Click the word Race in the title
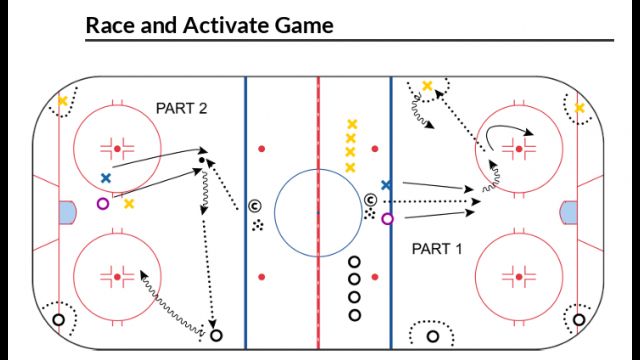point(107,25)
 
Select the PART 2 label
point(181,107)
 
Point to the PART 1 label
point(437,248)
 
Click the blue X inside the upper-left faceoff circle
point(105,178)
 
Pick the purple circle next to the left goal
point(102,204)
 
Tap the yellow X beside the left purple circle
point(129,204)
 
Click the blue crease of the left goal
point(67,212)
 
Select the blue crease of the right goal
point(570,212)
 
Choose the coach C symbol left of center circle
point(255,206)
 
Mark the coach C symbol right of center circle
point(371,199)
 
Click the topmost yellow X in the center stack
point(351,125)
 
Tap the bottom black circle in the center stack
point(354,315)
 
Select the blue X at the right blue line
point(386,185)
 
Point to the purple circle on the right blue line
point(388,218)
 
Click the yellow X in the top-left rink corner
point(63,101)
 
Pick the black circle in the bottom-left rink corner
point(58,320)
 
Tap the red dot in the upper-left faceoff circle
point(117,149)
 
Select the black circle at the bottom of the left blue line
point(215,335)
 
